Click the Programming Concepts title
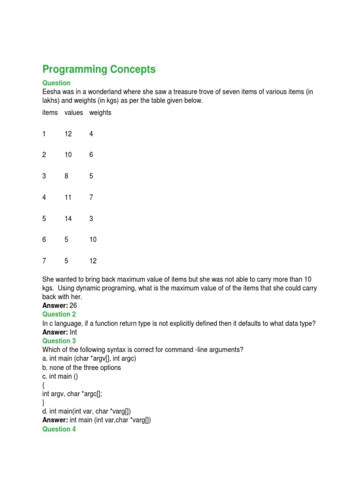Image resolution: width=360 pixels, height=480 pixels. (x=99, y=69)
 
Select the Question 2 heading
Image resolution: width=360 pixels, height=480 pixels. (x=59, y=314)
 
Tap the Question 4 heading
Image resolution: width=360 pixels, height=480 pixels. (x=59, y=429)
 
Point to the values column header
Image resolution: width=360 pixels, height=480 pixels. (x=74, y=112)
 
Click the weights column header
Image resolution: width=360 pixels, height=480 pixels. (x=100, y=112)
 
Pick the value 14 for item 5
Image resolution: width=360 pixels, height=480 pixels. (x=68, y=218)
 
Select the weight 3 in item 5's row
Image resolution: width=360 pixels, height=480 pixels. (x=91, y=218)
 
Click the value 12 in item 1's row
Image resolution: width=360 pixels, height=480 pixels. (x=68, y=134)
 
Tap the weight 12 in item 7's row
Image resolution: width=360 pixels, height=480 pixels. (x=93, y=261)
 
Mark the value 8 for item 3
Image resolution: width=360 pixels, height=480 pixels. (x=67, y=176)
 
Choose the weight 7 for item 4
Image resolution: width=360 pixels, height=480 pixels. (x=91, y=197)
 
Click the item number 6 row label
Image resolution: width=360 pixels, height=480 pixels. (x=44, y=240)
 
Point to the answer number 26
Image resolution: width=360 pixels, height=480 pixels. (x=73, y=306)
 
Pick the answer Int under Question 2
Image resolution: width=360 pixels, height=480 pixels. (x=73, y=332)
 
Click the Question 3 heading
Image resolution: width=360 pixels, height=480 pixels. (x=59, y=341)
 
